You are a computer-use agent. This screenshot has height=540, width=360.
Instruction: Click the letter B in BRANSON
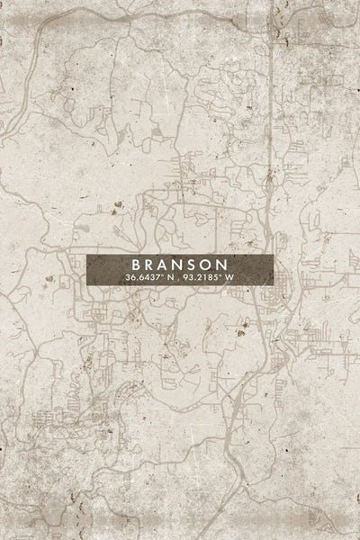coord(137,265)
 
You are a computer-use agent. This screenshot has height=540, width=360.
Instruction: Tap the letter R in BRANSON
coord(153,265)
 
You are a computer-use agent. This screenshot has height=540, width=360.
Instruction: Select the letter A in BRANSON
coord(169,265)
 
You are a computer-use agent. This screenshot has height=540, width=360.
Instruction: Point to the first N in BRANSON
coord(185,265)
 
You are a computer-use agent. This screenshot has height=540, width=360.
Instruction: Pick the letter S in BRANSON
coord(201,265)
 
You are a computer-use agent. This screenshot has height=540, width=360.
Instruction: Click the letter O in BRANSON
coord(216,265)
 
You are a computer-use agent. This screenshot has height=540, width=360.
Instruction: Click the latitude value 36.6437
coord(144,278)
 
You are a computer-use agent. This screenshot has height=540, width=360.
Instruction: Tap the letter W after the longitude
coord(229,278)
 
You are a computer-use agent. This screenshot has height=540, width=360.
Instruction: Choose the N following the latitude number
coord(169,278)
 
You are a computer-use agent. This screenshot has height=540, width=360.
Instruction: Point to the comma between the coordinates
coord(177,281)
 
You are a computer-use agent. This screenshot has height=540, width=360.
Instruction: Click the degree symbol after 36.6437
coord(162,275)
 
